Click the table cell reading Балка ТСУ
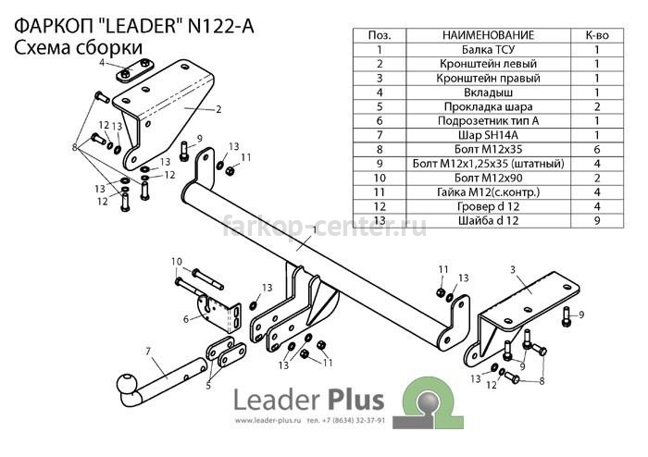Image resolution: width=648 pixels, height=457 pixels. tap(488, 50)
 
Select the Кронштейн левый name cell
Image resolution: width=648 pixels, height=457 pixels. tap(488, 64)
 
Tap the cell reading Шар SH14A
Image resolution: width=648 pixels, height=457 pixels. tap(488, 135)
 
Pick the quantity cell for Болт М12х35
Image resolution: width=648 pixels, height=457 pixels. tap(597, 150)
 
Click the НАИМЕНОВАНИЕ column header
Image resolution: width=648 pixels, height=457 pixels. tap(488, 35)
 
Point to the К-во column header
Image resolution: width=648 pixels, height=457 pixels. tap(597, 35)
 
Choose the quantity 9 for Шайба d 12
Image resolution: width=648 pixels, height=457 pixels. tap(597, 220)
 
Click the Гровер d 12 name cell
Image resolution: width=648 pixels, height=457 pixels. tap(488, 206)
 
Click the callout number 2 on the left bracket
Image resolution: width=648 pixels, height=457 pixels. tap(218, 109)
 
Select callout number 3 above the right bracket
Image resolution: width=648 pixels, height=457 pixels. tap(513, 269)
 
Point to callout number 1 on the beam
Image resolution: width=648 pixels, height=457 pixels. tap(315, 229)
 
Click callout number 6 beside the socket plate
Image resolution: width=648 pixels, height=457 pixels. tap(186, 319)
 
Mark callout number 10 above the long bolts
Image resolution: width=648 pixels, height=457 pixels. tap(177, 261)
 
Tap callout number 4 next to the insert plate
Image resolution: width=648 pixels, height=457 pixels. tap(102, 63)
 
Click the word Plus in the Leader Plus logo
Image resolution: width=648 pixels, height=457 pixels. tap(356, 400)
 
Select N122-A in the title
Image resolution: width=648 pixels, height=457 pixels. tap(221, 27)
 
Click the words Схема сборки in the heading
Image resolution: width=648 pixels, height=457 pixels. tap(79, 48)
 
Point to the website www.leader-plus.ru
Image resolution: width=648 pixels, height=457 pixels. tap(268, 421)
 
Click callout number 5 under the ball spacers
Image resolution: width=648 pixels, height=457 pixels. tap(208, 386)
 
